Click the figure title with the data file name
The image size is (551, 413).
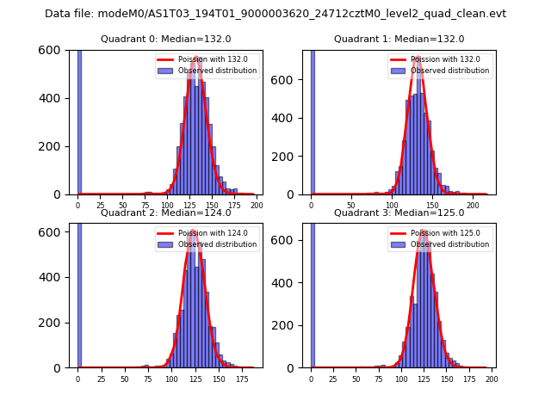pyautogui.click(x=275, y=14)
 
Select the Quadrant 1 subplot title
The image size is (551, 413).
pyautogui.click(x=399, y=40)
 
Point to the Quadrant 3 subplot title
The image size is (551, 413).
pyautogui.click(x=399, y=213)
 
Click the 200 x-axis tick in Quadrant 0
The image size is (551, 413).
pyautogui.click(x=256, y=206)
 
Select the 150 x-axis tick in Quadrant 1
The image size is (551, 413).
pyautogui.click(x=432, y=206)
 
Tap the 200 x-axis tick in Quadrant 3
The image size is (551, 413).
pyautogui.click(x=492, y=379)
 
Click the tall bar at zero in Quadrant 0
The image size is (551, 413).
pyautogui.click(x=79, y=120)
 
